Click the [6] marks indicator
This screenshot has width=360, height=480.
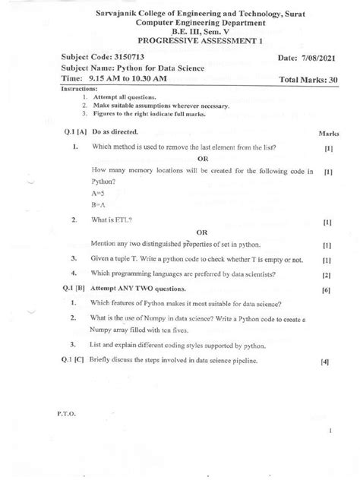tap(326, 290)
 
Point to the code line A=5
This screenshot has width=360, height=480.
tap(98, 194)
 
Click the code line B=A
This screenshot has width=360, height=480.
tap(98, 205)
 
